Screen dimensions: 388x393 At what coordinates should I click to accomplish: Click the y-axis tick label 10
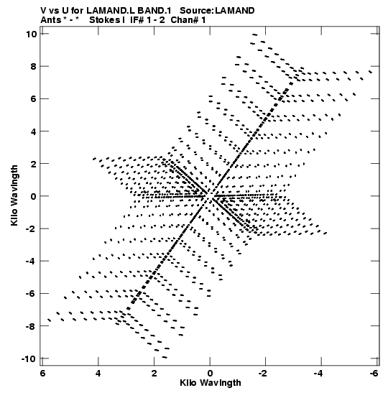(32, 34)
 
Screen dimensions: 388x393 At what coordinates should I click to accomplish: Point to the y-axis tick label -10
(29, 359)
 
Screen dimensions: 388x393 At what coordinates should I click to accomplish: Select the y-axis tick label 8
(34, 66)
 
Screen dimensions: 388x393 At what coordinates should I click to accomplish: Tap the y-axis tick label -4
(32, 262)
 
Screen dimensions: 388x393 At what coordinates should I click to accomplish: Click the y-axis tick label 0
(34, 196)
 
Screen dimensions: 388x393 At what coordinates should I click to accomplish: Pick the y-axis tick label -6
(32, 294)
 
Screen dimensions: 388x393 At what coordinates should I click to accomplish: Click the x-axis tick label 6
(42, 374)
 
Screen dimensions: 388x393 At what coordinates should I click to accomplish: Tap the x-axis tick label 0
(210, 374)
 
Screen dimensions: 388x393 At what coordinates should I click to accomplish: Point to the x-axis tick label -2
(263, 374)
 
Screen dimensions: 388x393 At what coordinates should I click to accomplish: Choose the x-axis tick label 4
(98, 374)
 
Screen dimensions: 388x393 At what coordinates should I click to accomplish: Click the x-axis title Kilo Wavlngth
(211, 383)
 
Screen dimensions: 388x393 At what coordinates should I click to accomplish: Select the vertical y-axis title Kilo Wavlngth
(14, 195)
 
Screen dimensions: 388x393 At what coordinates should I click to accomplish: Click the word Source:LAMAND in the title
(217, 11)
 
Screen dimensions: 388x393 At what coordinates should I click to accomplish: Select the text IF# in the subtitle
(137, 20)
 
